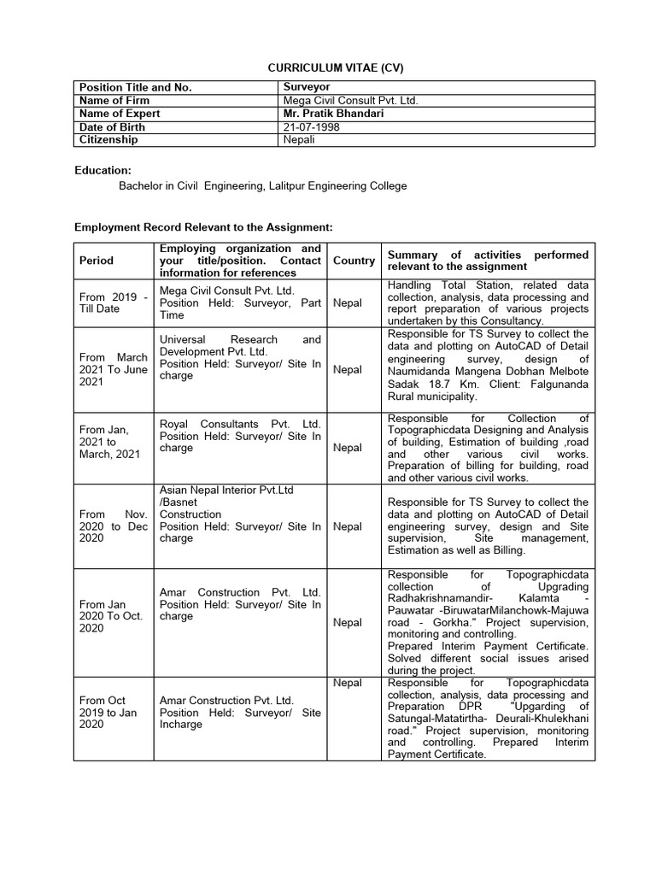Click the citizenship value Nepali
[x=300, y=139]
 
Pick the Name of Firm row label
[x=114, y=101]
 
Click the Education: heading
[x=102, y=171]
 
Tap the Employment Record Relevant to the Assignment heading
[x=202, y=227]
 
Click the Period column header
[x=96, y=261]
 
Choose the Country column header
[x=354, y=261]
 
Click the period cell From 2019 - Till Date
[x=111, y=302]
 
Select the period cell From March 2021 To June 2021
[x=111, y=369]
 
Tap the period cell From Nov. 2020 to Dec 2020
[x=111, y=526]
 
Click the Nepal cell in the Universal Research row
[x=348, y=370]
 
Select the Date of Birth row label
[x=112, y=126]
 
